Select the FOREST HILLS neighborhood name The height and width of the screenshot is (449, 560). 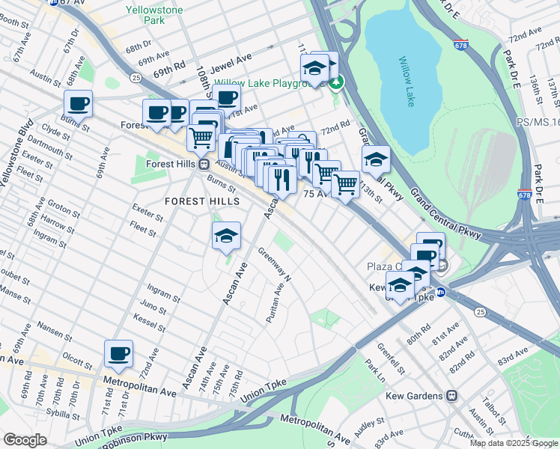click(x=202, y=201)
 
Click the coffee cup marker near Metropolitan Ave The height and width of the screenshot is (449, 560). click(x=118, y=353)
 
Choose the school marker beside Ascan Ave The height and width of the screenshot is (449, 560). click(x=226, y=236)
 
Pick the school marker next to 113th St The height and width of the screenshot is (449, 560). click(x=376, y=159)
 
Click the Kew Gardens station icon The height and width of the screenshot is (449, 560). click(x=451, y=395)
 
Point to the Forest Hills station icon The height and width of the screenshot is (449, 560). click(x=203, y=165)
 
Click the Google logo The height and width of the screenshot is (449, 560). click(x=25, y=440)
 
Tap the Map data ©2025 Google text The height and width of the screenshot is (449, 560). click(x=514, y=443)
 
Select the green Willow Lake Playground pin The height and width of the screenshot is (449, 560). click(x=337, y=82)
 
